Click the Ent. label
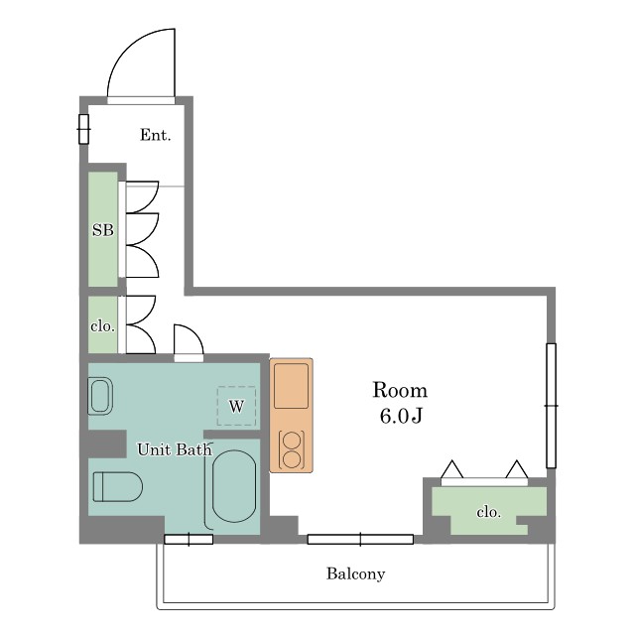155,135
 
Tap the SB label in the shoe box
103,230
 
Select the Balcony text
355,573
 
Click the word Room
400,390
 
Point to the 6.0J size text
401,416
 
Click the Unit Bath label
175,449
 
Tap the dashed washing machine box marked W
236,406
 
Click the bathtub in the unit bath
234,486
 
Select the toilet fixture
118,486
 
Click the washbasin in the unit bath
100,396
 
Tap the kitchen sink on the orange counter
291,386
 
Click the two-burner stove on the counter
292,449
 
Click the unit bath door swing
194,333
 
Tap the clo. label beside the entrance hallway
102,326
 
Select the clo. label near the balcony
489,512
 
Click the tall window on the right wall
551,406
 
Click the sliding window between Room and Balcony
360,540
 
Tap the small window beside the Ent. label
83,129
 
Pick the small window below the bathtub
189,540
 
